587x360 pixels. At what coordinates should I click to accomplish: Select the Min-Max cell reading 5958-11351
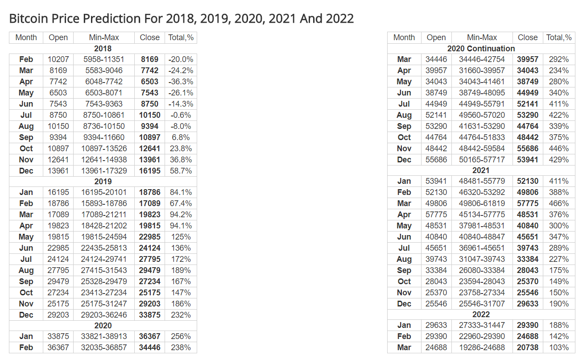(104, 59)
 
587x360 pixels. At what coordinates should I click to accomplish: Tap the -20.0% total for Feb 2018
(181, 59)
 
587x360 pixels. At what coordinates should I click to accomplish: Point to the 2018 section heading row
(103, 49)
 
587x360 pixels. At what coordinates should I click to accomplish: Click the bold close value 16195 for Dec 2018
(149, 171)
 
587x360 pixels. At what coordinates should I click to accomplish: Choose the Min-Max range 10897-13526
(104, 149)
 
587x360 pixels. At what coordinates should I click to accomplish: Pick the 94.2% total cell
(181, 215)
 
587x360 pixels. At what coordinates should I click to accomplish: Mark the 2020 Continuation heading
(481, 49)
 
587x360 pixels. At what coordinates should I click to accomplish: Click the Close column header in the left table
(149, 37)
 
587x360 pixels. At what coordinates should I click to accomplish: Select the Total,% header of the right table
(559, 37)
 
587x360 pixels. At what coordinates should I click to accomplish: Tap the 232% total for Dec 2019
(181, 315)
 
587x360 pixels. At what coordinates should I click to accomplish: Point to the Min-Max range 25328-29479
(104, 281)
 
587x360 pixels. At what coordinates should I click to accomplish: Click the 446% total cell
(559, 149)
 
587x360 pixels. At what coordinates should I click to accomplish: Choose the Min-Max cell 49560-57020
(482, 115)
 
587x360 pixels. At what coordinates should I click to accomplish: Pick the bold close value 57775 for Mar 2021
(528, 203)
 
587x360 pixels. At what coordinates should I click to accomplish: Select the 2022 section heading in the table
(481, 314)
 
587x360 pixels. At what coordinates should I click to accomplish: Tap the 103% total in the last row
(559, 348)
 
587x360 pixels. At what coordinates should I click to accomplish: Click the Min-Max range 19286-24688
(482, 348)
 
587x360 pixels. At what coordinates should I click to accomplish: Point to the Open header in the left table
(58, 37)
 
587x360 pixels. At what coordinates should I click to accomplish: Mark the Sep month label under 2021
(404, 270)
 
